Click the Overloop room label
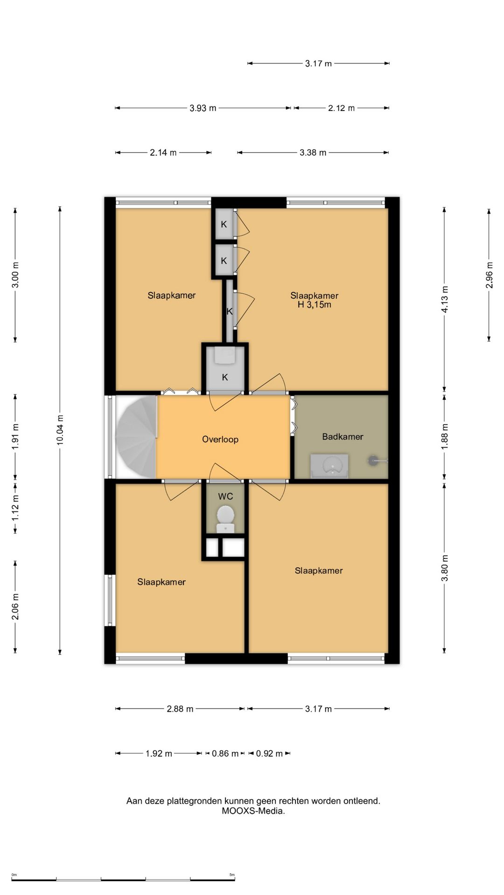pos(220,439)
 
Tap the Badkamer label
pos(343,436)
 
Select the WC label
pos(225,496)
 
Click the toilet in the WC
pos(225,519)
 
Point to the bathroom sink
pos(329,466)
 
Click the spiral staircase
pos(136,437)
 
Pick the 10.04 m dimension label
pos(60,430)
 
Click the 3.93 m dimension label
pos(203,108)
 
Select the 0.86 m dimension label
pos(225,753)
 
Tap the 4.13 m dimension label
pos(445,299)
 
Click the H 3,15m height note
pos(315,305)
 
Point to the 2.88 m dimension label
pos(180,709)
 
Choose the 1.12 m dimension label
pos(15,508)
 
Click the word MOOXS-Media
pos(253,811)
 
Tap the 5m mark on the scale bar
pos(232,874)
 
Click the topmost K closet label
pos(224,224)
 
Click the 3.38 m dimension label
pos(313,152)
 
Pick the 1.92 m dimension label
pos(159,753)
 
